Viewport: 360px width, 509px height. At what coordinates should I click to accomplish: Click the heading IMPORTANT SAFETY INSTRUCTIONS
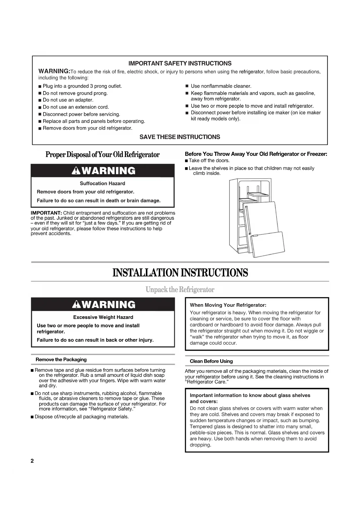[x=180, y=63]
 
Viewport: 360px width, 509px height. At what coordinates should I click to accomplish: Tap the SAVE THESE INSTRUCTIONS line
[x=180, y=137]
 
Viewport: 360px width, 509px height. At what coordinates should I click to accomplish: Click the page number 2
[x=32, y=461]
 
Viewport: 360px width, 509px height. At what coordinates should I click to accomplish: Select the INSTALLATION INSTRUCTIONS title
[x=180, y=273]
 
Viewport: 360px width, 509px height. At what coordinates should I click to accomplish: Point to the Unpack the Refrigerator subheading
[x=180, y=290]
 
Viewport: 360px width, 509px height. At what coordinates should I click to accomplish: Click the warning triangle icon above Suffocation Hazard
[x=76, y=171]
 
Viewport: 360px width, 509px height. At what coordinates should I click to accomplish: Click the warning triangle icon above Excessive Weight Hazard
[x=76, y=304]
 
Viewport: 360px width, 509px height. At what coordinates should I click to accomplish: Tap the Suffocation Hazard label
[x=102, y=183]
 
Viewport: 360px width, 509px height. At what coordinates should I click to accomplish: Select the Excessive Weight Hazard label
[x=103, y=317]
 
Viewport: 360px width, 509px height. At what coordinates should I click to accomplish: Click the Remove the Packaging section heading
[x=61, y=360]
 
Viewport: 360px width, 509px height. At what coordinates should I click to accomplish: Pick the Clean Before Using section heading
[x=211, y=361]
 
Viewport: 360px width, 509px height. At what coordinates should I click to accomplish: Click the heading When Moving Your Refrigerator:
[x=228, y=305]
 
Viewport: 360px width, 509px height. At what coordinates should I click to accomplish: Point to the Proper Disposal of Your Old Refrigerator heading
[x=102, y=154]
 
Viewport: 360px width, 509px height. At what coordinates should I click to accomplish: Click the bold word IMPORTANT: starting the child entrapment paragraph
[x=46, y=213]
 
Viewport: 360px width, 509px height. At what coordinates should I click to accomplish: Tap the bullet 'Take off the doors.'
[x=209, y=160]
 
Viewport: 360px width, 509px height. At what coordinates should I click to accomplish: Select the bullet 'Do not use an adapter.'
[x=68, y=100]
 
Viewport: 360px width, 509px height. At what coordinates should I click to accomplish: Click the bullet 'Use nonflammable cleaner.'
[x=221, y=86]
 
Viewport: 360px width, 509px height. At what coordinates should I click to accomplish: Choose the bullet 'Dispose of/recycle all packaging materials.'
[x=82, y=417]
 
